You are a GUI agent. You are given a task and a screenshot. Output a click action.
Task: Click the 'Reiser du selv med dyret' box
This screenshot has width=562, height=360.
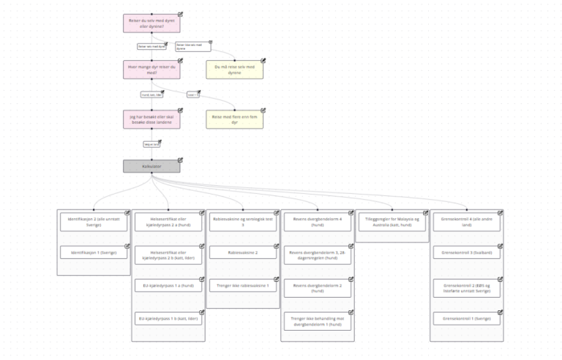[x=151, y=23]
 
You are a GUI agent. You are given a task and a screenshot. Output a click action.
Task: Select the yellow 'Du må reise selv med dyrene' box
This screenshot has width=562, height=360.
[x=235, y=70]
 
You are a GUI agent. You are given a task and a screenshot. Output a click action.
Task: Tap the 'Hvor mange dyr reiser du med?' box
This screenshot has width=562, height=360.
[x=151, y=70]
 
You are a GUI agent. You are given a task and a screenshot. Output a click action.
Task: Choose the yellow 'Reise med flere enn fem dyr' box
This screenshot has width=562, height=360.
[x=235, y=119]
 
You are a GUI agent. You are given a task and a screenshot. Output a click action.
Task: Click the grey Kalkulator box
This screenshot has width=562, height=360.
[x=151, y=166]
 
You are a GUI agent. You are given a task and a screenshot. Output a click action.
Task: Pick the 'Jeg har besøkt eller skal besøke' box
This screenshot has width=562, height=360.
[x=151, y=119]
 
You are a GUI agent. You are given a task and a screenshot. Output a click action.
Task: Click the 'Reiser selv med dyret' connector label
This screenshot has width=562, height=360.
[x=152, y=46]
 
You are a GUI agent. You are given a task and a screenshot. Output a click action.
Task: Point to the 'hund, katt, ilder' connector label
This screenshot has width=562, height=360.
[x=151, y=94]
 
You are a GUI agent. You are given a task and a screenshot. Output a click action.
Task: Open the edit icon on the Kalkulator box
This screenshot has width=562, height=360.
[x=180, y=160]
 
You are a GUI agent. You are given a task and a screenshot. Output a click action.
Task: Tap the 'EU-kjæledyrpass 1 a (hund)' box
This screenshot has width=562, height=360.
[x=169, y=285]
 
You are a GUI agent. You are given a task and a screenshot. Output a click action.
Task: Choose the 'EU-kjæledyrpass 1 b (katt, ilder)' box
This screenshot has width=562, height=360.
[x=169, y=318]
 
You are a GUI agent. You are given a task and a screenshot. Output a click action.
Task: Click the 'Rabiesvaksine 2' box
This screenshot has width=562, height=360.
[x=244, y=252]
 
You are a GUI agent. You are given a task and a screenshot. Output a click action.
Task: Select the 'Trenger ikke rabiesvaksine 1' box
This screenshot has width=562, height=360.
[x=244, y=285]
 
